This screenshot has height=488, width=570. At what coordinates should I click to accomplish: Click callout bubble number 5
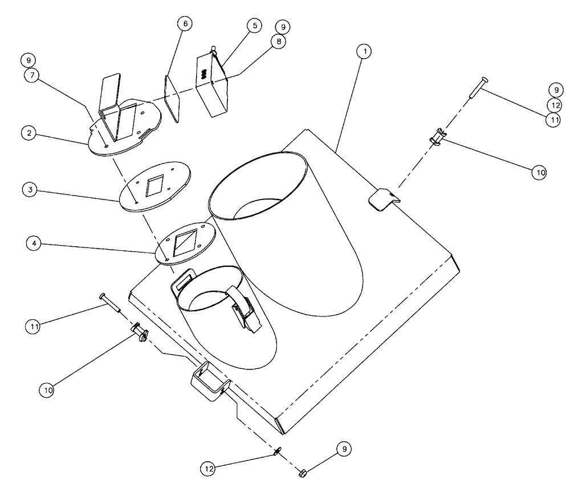coord(253,26)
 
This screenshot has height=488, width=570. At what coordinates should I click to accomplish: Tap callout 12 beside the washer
coord(210,469)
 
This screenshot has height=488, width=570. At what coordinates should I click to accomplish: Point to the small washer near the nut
coord(278,452)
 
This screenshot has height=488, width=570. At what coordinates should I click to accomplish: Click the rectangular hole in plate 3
coord(154,185)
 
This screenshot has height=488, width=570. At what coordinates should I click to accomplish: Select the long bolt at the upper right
coord(477,88)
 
